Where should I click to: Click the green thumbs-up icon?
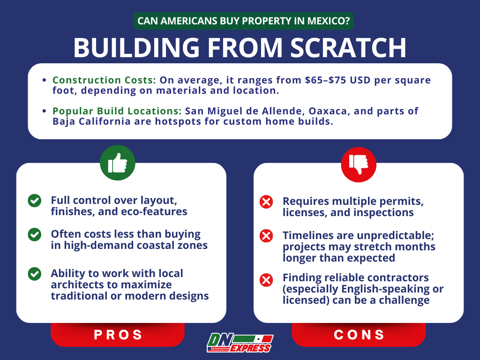pyautogui.click(x=118, y=163)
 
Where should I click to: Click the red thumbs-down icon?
pyautogui.click(x=359, y=165)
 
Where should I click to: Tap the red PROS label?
pyautogui.click(x=118, y=335)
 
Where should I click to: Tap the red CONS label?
pyautogui.click(x=359, y=335)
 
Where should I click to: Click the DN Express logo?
pyautogui.click(x=240, y=343)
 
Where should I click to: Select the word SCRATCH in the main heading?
pyautogui.click(x=348, y=48)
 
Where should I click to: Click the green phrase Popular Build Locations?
pyautogui.click(x=117, y=111)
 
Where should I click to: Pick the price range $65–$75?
pyautogui.click(x=325, y=80)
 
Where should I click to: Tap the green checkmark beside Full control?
pyautogui.click(x=35, y=201)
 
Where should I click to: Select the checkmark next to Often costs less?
pyautogui.click(x=35, y=234)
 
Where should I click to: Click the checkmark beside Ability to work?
pyautogui.click(x=35, y=274)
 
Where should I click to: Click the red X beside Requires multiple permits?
pyautogui.click(x=266, y=202)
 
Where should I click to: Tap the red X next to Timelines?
pyautogui.click(x=266, y=236)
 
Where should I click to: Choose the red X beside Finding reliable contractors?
pyautogui.click(x=266, y=280)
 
